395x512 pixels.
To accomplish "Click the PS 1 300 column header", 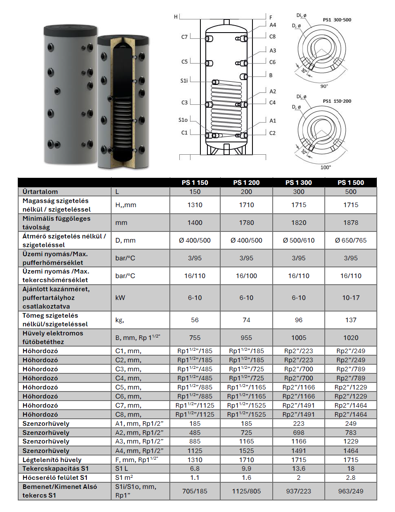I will [298, 182].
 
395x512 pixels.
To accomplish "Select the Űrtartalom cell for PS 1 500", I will [350, 191].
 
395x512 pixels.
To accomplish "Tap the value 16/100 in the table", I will [246, 276].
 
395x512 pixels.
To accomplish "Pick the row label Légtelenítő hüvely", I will [52, 460].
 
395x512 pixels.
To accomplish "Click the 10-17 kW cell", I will [350, 297].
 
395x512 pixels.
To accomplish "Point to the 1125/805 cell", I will [246, 491].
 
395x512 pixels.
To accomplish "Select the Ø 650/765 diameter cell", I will [350, 240].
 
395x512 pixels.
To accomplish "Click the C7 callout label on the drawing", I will [184, 37].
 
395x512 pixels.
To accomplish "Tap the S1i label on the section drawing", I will [184, 80].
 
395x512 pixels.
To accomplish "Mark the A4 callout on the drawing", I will [273, 25].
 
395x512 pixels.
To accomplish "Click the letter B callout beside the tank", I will [271, 75].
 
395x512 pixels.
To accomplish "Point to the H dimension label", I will [176, 17].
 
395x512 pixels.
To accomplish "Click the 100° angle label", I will [326, 167].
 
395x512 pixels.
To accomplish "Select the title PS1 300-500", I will [337, 20].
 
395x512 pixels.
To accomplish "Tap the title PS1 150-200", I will [337, 101].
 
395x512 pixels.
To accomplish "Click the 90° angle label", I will [324, 86].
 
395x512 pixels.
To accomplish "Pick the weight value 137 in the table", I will [350, 320].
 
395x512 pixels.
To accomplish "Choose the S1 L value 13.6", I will [298, 468].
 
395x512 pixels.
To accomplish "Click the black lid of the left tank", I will [70, 30].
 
